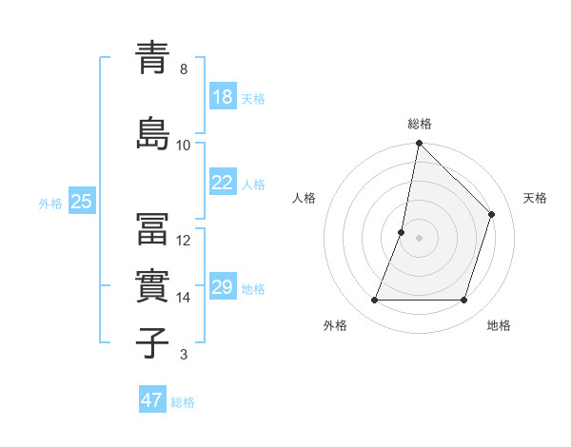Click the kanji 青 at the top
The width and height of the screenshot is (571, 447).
click(x=153, y=58)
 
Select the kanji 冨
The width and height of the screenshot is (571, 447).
click(x=153, y=229)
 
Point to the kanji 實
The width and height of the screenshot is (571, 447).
click(x=153, y=285)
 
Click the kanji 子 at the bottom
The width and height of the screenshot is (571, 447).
click(x=153, y=343)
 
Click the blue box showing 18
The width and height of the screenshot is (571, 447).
click(x=223, y=97)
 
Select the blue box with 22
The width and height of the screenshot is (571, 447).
click(x=223, y=183)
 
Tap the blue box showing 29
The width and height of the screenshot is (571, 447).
click(x=223, y=287)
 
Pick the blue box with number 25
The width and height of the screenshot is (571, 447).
click(x=81, y=202)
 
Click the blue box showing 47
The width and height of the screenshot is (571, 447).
click(x=152, y=400)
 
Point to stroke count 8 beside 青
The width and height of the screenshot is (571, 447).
click(x=184, y=69)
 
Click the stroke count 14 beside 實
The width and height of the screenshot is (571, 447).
click(x=184, y=298)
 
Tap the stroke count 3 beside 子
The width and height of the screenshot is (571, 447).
click(x=184, y=356)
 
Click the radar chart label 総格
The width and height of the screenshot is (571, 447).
click(x=420, y=124)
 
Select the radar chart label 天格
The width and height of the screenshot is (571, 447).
click(x=535, y=198)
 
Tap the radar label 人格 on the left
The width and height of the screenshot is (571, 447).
click(x=304, y=198)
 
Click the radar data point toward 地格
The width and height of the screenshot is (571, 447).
click(x=464, y=301)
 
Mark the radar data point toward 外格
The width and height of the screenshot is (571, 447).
click(x=375, y=301)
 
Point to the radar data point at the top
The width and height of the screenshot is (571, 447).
click(x=420, y=144)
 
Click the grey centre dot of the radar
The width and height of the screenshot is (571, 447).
click(x=420, y=238)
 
